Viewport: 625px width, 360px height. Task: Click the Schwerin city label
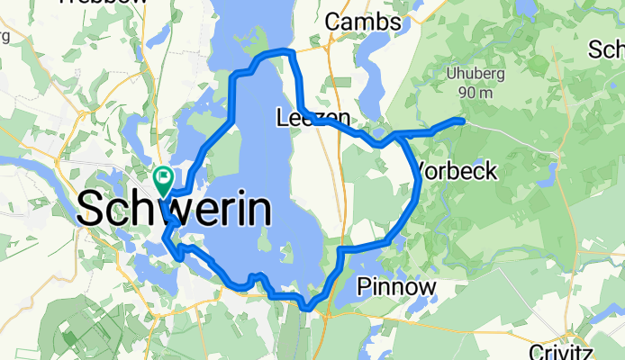pyautogui.click(x=175, y=211)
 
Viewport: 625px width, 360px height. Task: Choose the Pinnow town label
pyautogui.click(x=396, y=287)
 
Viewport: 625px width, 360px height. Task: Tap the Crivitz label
pyautogui.click(x=588, y=350)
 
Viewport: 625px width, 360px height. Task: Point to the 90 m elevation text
pyautogui.click(x=475, y=92)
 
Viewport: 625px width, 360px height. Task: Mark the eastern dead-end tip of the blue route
pyautogui.click(x=461, y=120)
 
